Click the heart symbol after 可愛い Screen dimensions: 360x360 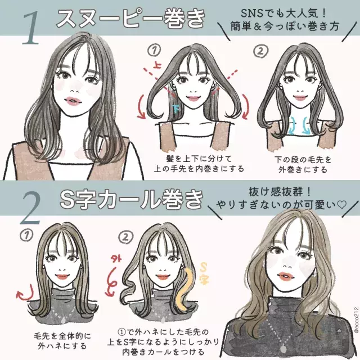(x=340, y=203)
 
